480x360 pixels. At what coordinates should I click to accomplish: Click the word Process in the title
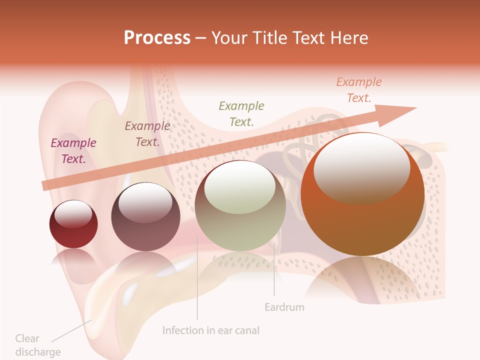(x=157, y=37)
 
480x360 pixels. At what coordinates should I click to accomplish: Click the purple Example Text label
(x=73, y=150)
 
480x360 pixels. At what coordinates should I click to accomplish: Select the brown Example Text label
(x=147, y=133)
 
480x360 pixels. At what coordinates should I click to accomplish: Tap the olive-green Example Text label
(x=241, y=113)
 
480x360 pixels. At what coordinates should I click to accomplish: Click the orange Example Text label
(x=359, y=89)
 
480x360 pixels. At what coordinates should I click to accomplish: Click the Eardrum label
(x=284, y=307)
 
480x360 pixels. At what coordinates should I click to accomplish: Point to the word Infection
(x=182, y=330)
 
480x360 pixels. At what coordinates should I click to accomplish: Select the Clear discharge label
(x=37, y=345)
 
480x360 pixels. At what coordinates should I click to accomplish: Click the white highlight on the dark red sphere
(x=73, y=213)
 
